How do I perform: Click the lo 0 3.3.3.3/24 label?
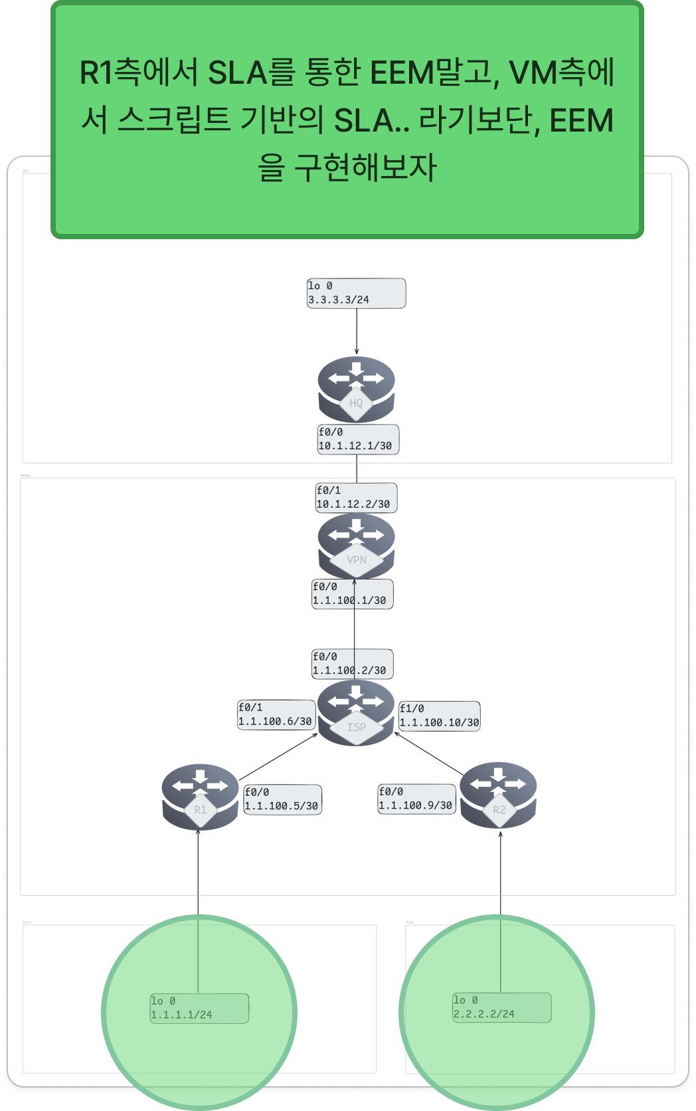coord(356,293)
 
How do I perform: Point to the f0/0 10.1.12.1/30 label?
coord(358,439)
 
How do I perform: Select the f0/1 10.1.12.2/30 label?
coord(356,498)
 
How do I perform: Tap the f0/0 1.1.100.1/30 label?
coord(352,594)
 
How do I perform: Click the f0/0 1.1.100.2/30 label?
coord(352,664)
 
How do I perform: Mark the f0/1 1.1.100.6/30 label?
coord(276,714)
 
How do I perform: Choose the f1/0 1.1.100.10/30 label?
coord(439,716)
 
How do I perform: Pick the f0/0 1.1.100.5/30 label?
coord(282,799)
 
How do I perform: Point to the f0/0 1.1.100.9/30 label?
coord(416,799)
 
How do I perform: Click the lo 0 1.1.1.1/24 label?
coord(199,1008)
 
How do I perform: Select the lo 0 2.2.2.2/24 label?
coord(501,1007)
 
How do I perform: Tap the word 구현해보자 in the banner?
coord(365,167)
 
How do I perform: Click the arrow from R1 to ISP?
coord(278,757)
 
